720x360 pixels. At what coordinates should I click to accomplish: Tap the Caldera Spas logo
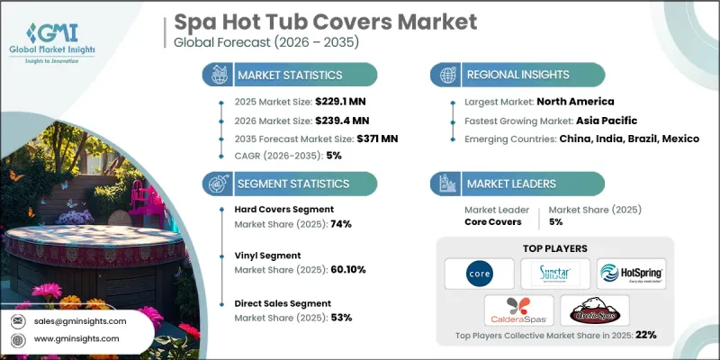click(x=517, y=310)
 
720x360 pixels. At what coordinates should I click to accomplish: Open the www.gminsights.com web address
click(x=77, y=338)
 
